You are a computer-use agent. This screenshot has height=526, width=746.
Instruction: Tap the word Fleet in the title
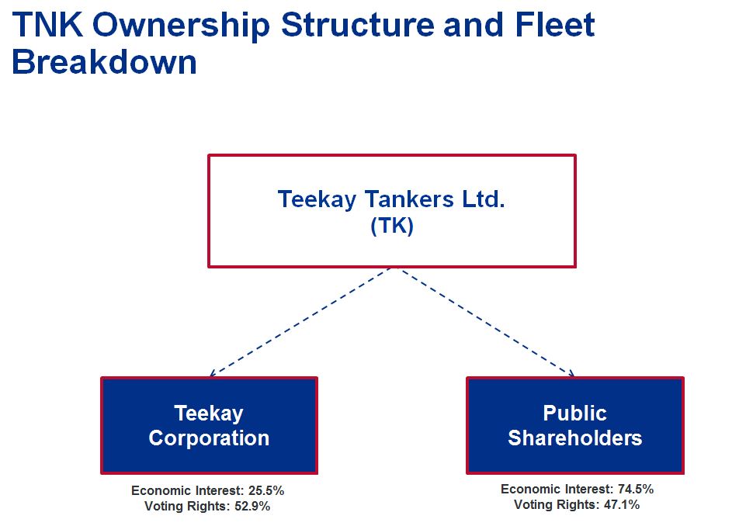pyautogui.click(x=555, y=24)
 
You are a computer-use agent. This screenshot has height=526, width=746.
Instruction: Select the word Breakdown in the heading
pyautogui.click(x=104, y=62)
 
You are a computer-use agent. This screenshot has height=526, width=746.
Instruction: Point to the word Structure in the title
pyautogui.click(x=358, y=24)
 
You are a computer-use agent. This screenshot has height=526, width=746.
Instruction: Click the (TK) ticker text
pyautogui.click(x=391, y=226)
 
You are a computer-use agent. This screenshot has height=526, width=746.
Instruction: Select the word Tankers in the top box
pyautogui.click(x=409, y=199)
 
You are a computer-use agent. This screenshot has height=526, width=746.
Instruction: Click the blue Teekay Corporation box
pyautogui.click(x=209, y=426)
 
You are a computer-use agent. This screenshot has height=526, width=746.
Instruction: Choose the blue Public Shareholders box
pyautogui.click(x=574, y=426)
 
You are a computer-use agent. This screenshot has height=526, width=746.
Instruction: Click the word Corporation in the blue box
pyautogui.click(x=209, y=438)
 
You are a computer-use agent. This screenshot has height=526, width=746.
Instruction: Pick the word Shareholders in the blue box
pyautogui.click(x=574, y=438)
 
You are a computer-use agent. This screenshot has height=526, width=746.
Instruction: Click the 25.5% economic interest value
pyautogui.click(x=266, y=490)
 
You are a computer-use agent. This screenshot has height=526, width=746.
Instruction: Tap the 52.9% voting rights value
pyautogui.click(x=252, y=506)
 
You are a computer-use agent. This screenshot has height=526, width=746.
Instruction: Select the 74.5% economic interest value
pyautogui.click(x=636, y=489)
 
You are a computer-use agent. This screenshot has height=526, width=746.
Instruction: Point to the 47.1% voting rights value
pyautogui.click(x=622, y=504)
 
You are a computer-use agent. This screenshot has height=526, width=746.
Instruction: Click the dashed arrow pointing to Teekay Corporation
pyautogui.click(x=300, y=323)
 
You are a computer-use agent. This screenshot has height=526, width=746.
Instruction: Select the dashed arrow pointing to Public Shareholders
pyautogui.click(x=488, y=323)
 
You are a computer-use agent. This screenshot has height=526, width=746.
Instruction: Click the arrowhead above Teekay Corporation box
pyautogui.click(x=212, y=374)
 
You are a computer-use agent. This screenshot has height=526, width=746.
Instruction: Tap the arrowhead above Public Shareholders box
pyautogui.click(x=572, y=374)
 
